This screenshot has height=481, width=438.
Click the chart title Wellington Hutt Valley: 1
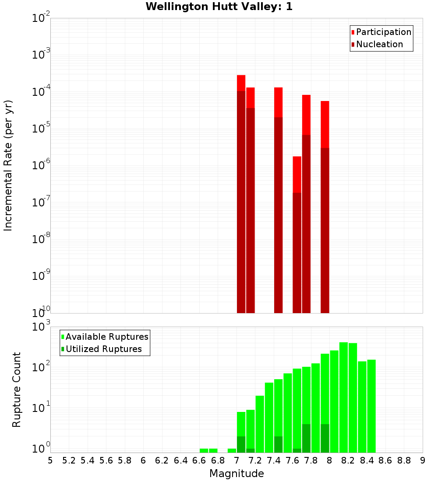point(219,7)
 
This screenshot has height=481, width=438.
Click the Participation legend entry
point(383,32)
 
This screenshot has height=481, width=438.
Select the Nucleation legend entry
point(379,44)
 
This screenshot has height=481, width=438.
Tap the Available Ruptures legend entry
point(106,337)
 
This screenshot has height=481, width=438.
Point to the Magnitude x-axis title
point(237,474)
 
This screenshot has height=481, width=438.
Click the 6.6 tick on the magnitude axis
point(199,460)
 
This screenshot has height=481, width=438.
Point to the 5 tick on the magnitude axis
point(50,460)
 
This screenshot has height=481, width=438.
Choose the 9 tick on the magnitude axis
point(423,460)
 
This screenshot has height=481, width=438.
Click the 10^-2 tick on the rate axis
point(42,18)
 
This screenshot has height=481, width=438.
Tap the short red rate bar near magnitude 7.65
point(297,175)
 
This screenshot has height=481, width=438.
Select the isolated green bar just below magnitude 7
point(232,450)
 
